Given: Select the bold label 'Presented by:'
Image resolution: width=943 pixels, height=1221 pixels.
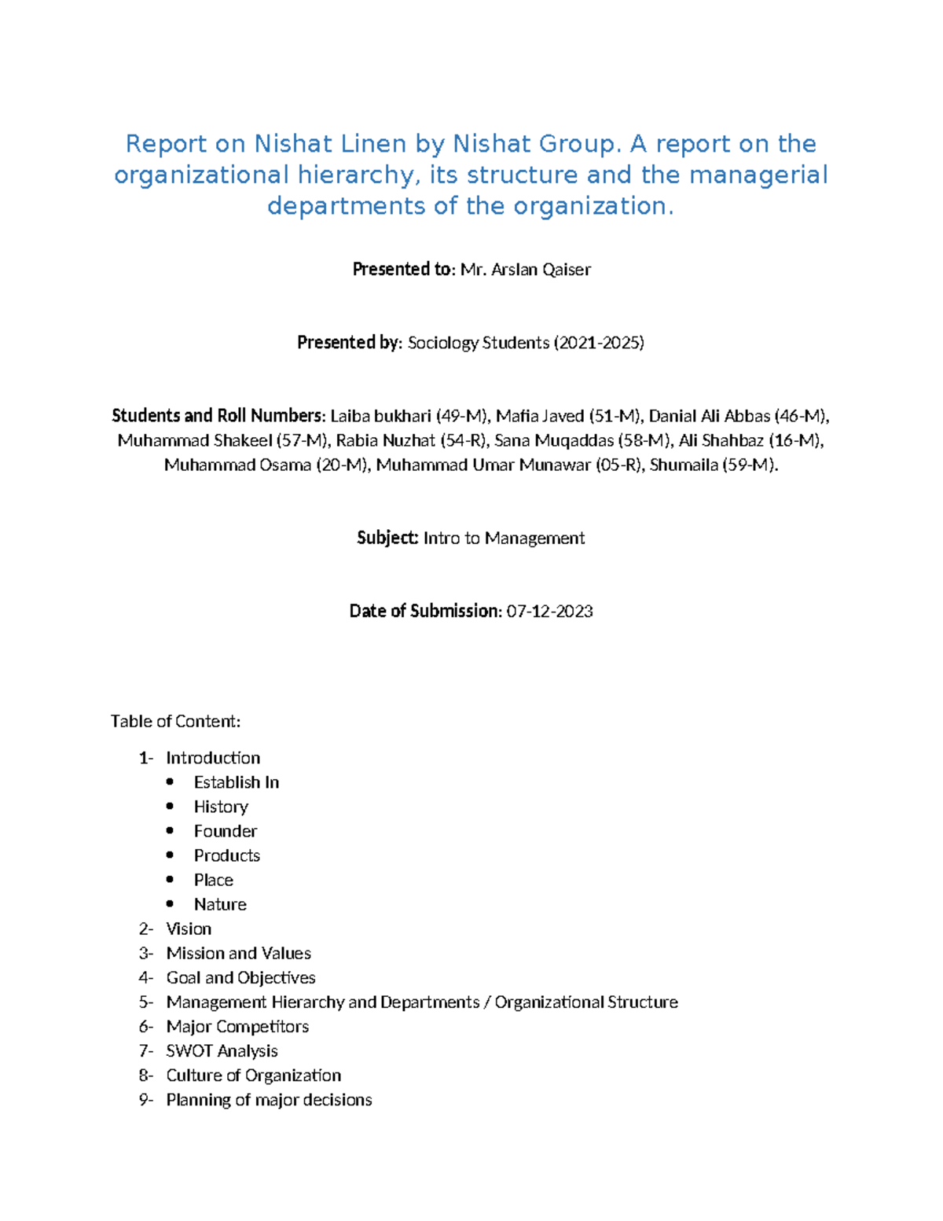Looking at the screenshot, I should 350,343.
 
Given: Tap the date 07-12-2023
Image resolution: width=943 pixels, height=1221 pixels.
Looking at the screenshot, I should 549,612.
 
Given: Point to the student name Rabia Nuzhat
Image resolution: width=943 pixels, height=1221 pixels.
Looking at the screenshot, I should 385,440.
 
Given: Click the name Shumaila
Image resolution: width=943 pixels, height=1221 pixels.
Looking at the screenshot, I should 684,465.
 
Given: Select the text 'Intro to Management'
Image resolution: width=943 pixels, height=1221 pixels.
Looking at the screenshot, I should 504,539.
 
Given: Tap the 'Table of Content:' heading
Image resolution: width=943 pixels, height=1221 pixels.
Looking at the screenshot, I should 175,722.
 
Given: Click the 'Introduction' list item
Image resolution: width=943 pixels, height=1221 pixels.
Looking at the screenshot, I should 213,758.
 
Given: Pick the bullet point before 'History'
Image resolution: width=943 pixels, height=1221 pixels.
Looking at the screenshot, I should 171,807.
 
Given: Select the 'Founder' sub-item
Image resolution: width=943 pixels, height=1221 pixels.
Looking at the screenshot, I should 226,831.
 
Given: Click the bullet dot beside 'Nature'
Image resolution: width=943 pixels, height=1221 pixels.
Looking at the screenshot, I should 171,904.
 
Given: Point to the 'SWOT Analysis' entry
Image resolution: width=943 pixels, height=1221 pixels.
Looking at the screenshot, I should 222,1051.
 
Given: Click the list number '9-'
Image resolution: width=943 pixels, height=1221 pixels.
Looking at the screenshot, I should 145,1100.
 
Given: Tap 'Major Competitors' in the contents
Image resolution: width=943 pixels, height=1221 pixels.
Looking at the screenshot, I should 237,1027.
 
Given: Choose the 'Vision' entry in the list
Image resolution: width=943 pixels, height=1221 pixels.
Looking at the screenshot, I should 189,929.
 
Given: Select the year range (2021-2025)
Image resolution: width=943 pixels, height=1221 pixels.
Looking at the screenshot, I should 599,343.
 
